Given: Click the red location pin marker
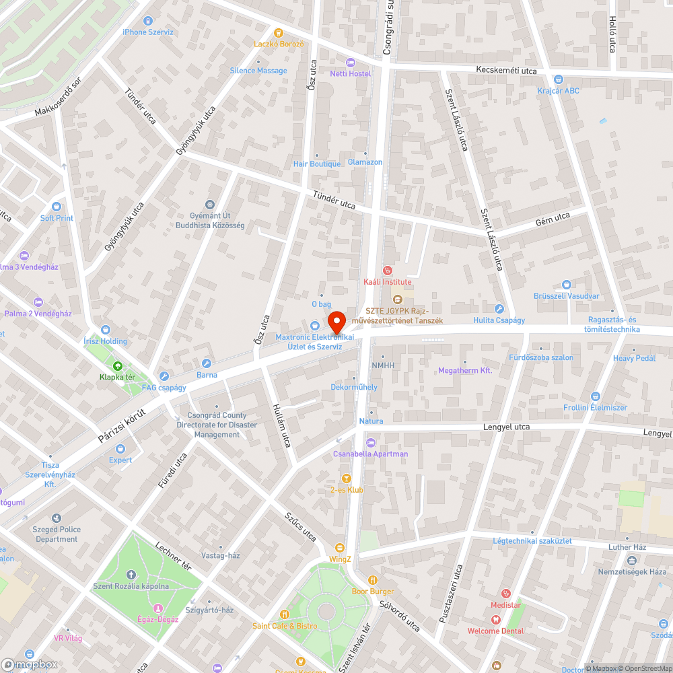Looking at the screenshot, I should pyautogui.click(x=336, y=320).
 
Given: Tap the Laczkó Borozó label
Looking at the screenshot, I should pyautogui.click(x=279, y=44).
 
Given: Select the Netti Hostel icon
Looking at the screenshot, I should pyautogui.click(x=350, y=62).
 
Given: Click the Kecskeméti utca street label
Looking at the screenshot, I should pyautogui.click(x=506, y=71).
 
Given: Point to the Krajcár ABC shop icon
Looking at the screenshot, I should pyautogui.click(x=558, y=79).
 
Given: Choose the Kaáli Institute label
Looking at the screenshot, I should pyautogui.click(x=387, y=282).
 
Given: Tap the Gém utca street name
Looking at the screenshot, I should pyautogui.click(x=553, y=218).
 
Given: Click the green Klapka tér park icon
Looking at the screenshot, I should pyautogui.click(x=118, y=366).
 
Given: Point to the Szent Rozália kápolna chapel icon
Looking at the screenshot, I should pyautogui.click(x=131, y=575).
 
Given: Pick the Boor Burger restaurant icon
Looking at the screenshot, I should pyautogui.click(x=372, y=580).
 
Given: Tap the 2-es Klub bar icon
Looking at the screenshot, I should pyautogui.click(x=346, y=479).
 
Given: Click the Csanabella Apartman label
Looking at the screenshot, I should pyautogui.click(x=370, y=454).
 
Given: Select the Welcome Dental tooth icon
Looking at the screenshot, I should pyautogui.click(x=495, y=620).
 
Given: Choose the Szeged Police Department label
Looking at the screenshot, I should pyautogui.click(x=57, y=534).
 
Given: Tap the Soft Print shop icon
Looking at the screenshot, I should pyautogui.click(x=57, y=207).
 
